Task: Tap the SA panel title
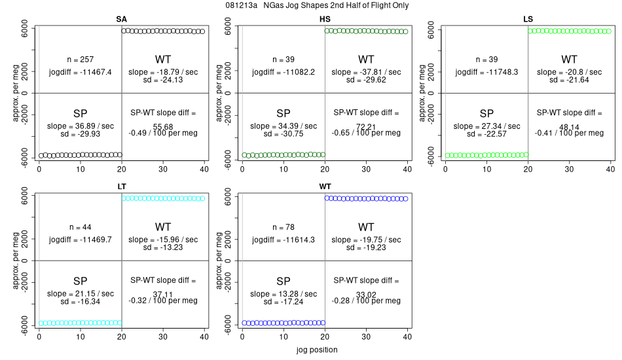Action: click(121, 18)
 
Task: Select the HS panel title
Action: click(325, 18)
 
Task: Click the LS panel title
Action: click(528, 18)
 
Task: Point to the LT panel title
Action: click(122, 187)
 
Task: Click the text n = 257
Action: click(80, 60)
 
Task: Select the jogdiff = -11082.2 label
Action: click(284, 72)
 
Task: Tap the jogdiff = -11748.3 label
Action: click(486, 72)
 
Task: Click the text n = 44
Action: click(80, 227)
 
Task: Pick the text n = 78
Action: click(284, 227)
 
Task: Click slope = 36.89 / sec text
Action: click(80, 126)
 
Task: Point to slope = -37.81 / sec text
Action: click(366, 72)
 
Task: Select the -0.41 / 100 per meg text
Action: click(569, 133)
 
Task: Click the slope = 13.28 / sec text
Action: click(284, 293)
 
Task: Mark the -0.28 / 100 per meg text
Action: click(366, 300)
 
